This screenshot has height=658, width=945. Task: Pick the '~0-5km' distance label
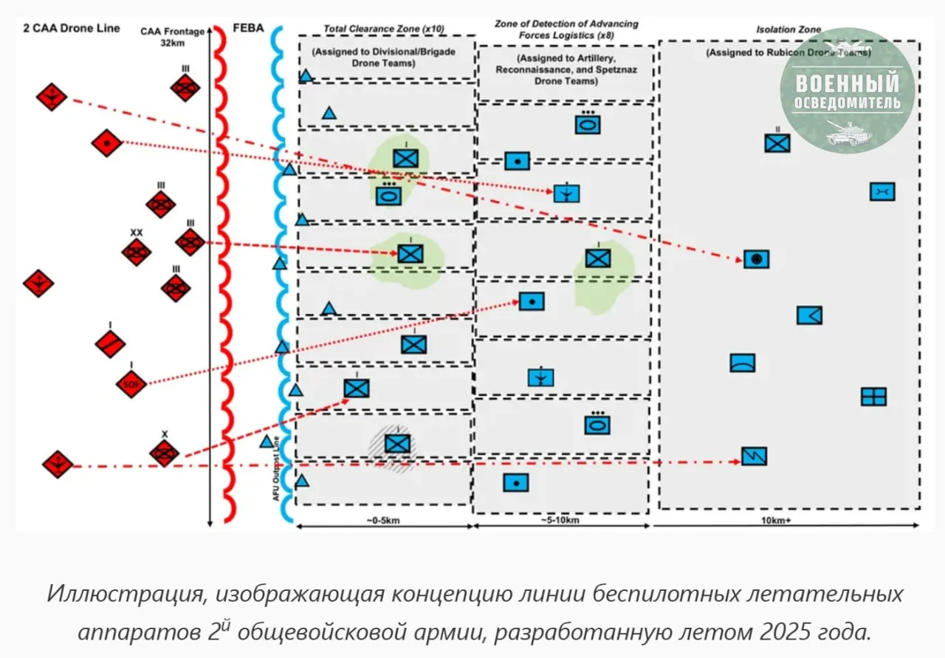384,520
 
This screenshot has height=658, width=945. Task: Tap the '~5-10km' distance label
561,520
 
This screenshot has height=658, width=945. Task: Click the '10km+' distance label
787,520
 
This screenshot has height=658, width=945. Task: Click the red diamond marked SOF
131,383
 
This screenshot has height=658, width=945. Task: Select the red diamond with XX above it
137,252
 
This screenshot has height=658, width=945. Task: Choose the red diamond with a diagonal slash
111,343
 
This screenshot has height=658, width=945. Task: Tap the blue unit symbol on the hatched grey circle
397,443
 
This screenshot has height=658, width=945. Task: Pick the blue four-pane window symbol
873,397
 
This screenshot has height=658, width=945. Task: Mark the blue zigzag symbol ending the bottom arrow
754,456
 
